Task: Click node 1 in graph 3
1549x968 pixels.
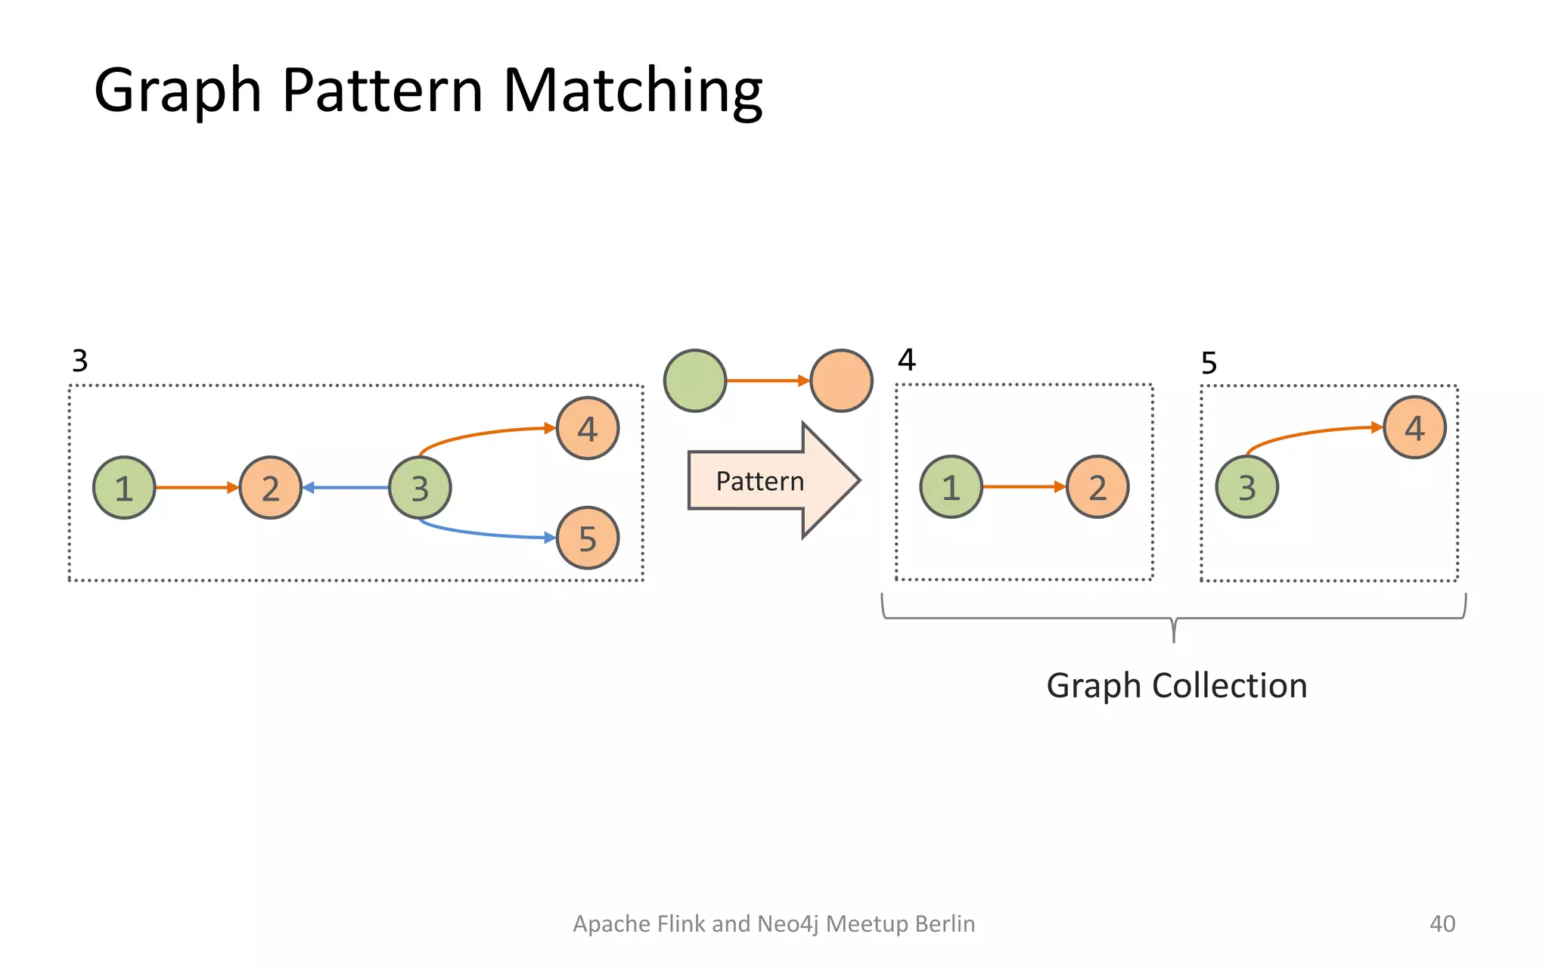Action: click(124, 488)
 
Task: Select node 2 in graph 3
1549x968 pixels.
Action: click(270, 488)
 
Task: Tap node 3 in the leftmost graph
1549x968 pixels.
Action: click(420, 488)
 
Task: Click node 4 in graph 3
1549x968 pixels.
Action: click(588, 429)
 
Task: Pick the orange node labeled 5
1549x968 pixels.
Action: click(588, 538)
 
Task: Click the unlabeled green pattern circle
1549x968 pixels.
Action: click(695, 380)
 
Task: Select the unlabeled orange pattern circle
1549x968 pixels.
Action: click(841, 380)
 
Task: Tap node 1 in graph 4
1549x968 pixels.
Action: click(951, 487)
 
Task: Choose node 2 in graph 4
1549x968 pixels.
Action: click(1097, 487)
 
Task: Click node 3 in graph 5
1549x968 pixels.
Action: click(1247, 487)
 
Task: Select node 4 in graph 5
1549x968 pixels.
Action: click(1414, 428)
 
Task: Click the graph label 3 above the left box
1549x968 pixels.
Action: click(80, 361)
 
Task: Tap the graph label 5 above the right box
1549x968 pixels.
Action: click(1209, 363)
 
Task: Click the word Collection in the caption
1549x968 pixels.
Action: click(1230, 686)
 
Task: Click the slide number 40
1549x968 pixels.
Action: click(1442, 923)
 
